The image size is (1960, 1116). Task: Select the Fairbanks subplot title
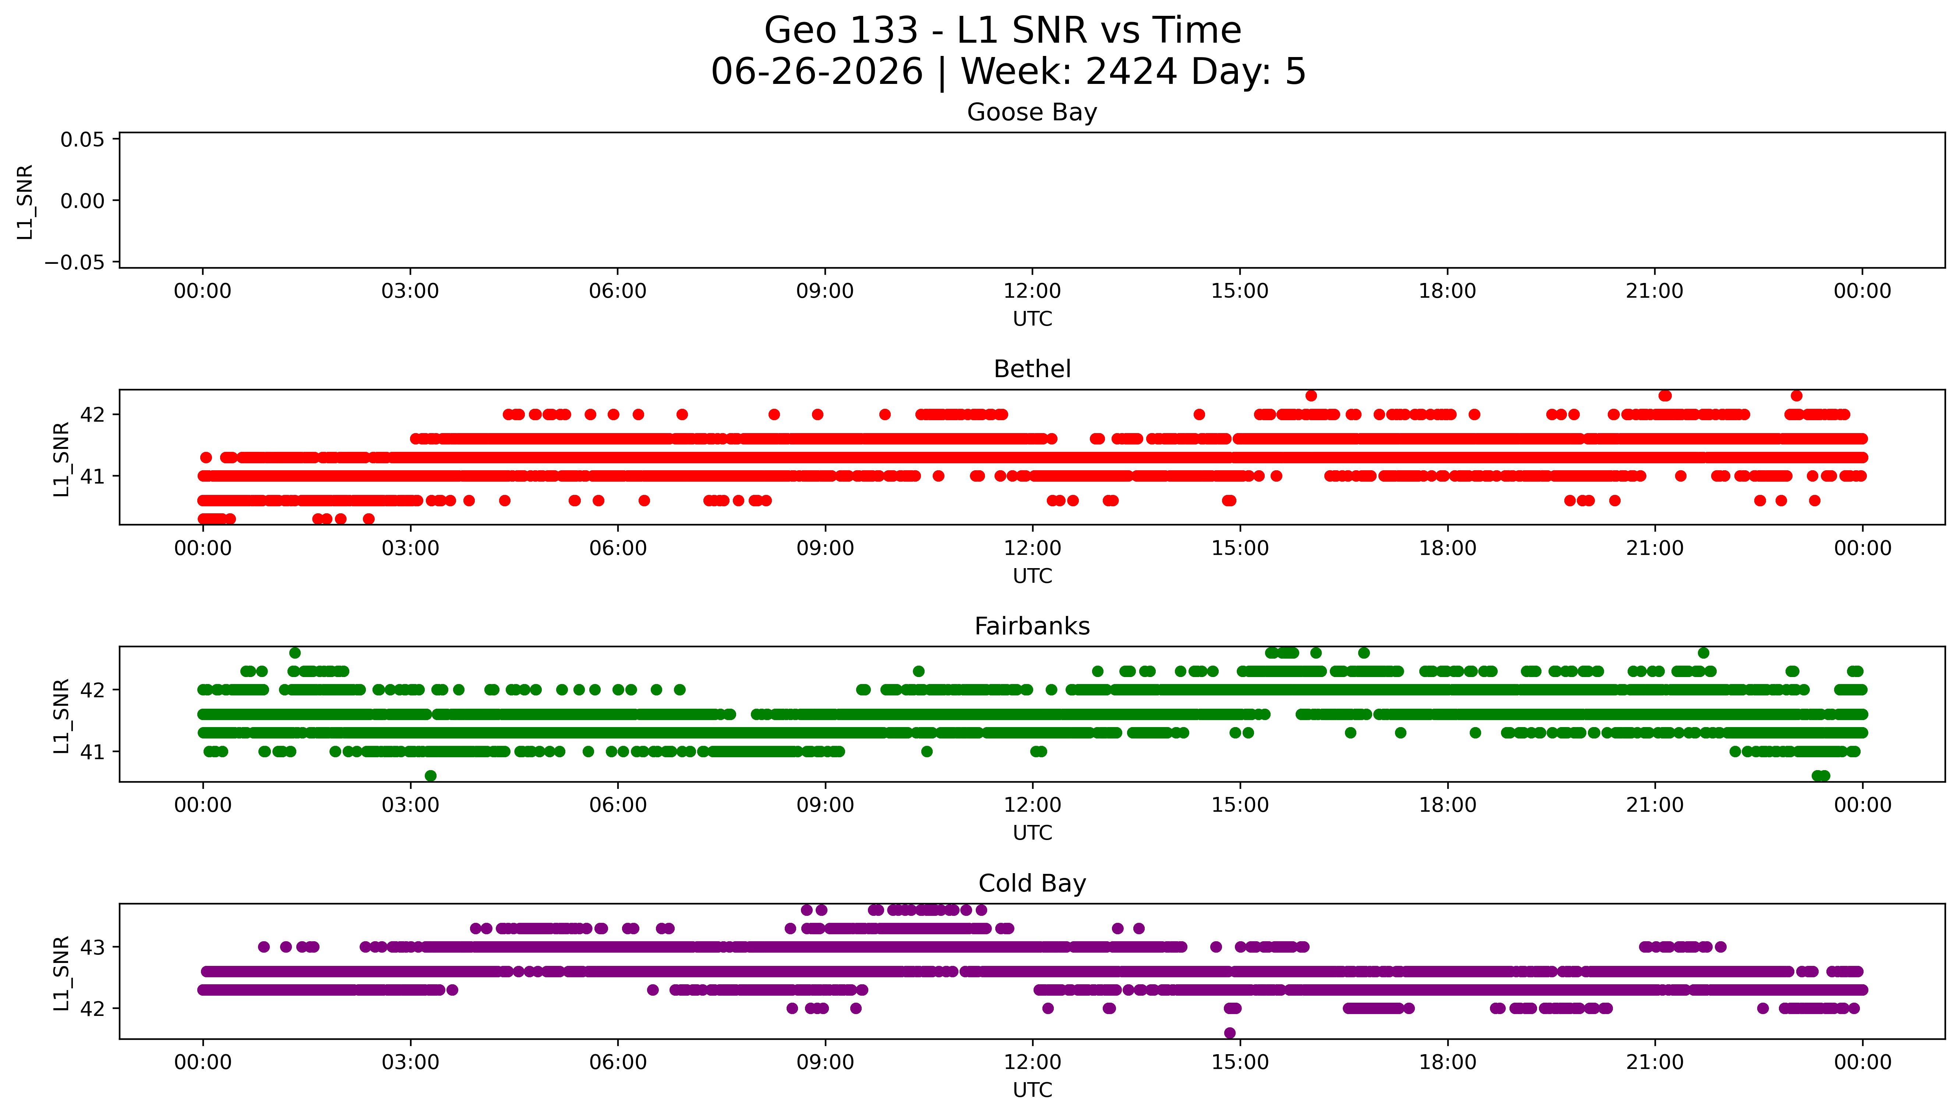(1032, 626)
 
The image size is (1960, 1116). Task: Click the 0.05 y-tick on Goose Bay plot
(83, 139)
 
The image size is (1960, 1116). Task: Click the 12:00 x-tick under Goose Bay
(1032, 291)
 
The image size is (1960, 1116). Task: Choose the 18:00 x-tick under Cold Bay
(1447, 1062)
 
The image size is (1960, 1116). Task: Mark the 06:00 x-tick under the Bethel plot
(618, 548)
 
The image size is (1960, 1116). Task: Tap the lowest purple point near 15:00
(1229, 1032)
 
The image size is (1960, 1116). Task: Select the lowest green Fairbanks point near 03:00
(431, 776)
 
